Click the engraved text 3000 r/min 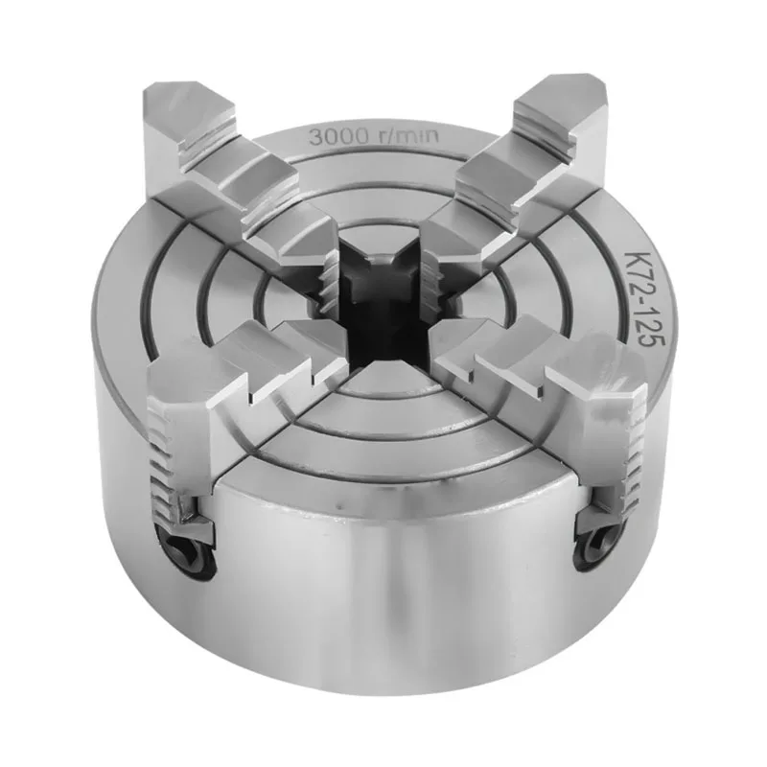[374, 136]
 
